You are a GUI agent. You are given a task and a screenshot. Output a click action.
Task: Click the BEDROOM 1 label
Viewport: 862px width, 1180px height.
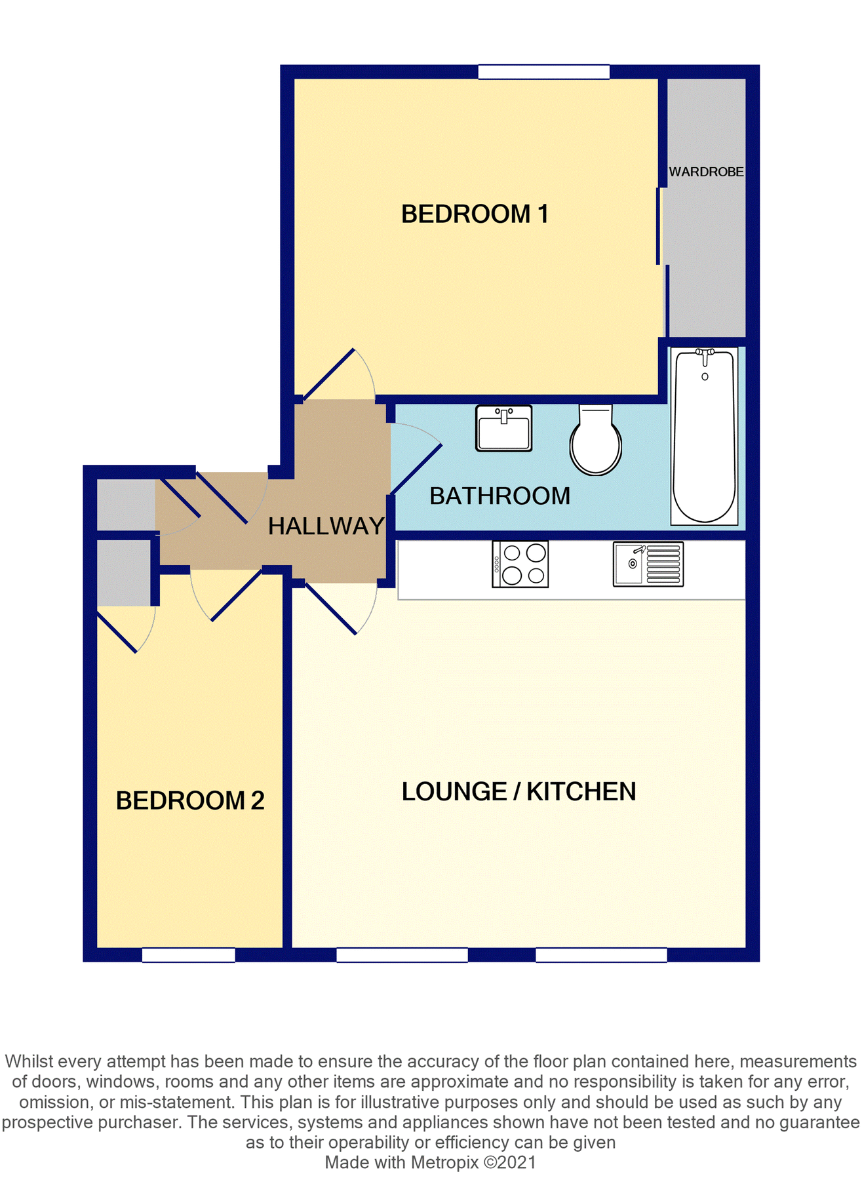475,214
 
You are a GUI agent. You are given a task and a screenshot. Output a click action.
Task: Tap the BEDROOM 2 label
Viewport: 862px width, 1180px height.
190,800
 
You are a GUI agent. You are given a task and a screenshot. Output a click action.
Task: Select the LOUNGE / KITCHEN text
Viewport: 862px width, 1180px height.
519,792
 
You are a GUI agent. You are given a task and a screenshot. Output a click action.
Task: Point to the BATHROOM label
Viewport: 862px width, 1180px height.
500,496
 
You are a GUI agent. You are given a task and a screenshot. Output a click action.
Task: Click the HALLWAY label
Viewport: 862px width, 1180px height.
326,526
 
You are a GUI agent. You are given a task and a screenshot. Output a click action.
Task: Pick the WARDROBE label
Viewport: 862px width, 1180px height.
706,172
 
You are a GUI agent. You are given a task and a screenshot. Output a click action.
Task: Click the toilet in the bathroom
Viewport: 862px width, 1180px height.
595,440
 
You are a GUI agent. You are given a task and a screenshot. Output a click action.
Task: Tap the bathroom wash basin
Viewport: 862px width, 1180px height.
503,428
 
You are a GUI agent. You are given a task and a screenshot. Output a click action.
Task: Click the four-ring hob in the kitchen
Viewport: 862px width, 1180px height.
520,564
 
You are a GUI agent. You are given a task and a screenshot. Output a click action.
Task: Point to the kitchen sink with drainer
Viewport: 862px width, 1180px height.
648,564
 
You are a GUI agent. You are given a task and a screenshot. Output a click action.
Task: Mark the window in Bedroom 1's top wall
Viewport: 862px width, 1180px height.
543,72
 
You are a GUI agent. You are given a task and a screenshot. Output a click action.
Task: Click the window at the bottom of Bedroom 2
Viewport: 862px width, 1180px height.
188,955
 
